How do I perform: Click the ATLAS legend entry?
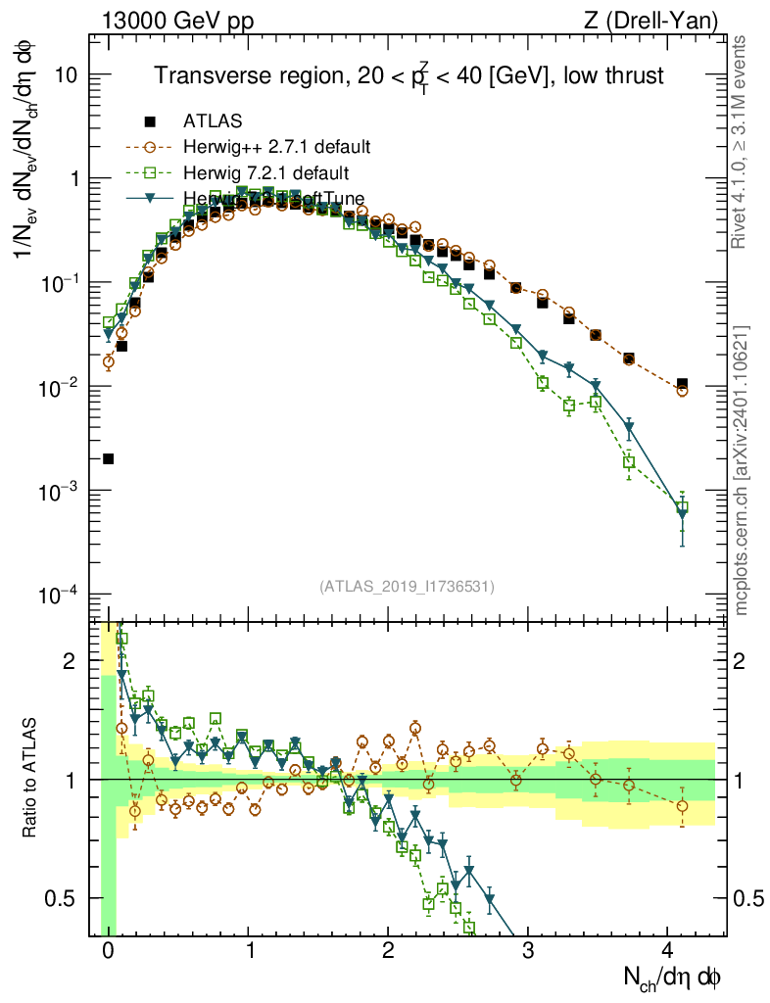point(213,121)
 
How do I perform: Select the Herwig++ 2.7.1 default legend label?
point(276,148)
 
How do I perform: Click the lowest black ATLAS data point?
point(108,458)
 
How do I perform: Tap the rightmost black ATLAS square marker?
point(682,384)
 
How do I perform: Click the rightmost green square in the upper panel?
point(682,507)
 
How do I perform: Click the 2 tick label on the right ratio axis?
point(741,661)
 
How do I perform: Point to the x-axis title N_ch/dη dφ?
point(673,977)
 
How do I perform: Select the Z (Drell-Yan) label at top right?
point(662,20)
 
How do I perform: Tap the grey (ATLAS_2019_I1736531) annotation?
point(407,587)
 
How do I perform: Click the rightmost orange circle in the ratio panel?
point(682,806)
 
